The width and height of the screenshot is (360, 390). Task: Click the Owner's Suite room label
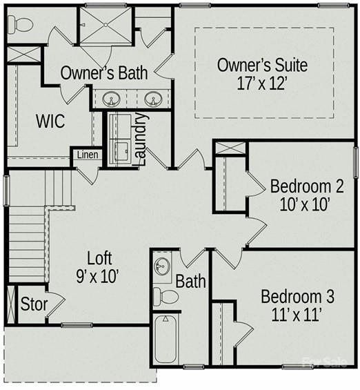coord(262,65)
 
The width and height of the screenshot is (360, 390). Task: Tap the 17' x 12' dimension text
coord(262,84)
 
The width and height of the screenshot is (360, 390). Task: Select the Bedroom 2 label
coord(307,186)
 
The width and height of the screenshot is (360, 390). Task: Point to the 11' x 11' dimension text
coord(297,315)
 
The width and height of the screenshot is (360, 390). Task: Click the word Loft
coord(99,258)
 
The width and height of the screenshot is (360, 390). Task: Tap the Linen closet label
coord(88,155)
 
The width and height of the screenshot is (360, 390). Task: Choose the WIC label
coord(50,121)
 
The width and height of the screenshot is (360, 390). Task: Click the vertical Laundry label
coord(141,139)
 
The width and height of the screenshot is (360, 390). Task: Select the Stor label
coord(34,304)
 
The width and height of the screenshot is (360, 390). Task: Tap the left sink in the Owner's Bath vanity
coord(111,99)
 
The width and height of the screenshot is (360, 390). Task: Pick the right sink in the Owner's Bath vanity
coord(154,99)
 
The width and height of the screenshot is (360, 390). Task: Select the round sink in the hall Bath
coord(162,266)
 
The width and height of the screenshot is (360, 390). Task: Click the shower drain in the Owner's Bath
coord(106,25)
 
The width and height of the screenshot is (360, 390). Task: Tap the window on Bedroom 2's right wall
coord(356,163)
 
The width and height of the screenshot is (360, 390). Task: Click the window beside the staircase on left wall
coord(6,191)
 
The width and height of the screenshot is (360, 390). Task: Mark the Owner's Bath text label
coord(104,73)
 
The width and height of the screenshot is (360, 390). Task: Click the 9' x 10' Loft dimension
coord(97,277)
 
